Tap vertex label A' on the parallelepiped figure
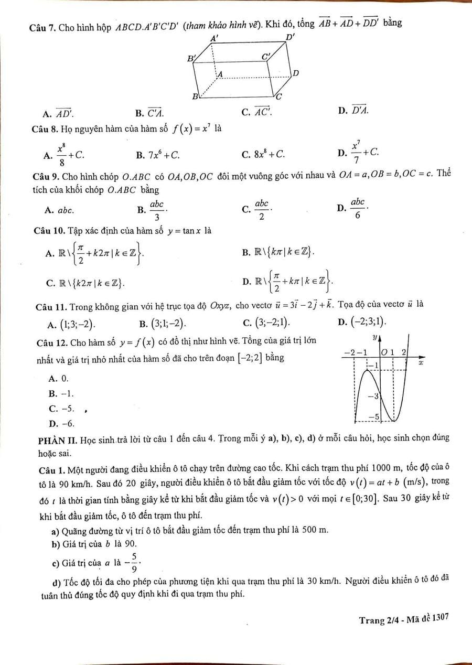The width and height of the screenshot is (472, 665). (x=214, y=38)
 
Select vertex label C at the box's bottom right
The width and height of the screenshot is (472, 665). (x=279, y=96)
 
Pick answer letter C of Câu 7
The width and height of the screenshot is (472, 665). (x=245, y=112)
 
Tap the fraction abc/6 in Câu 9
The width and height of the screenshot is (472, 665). (x=358, y=208)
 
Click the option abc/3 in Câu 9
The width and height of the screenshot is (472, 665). (x=157, y=210)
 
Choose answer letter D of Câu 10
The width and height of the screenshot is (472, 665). (x=245, y=282)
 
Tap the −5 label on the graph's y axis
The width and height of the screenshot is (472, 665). (x=373, y=416)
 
